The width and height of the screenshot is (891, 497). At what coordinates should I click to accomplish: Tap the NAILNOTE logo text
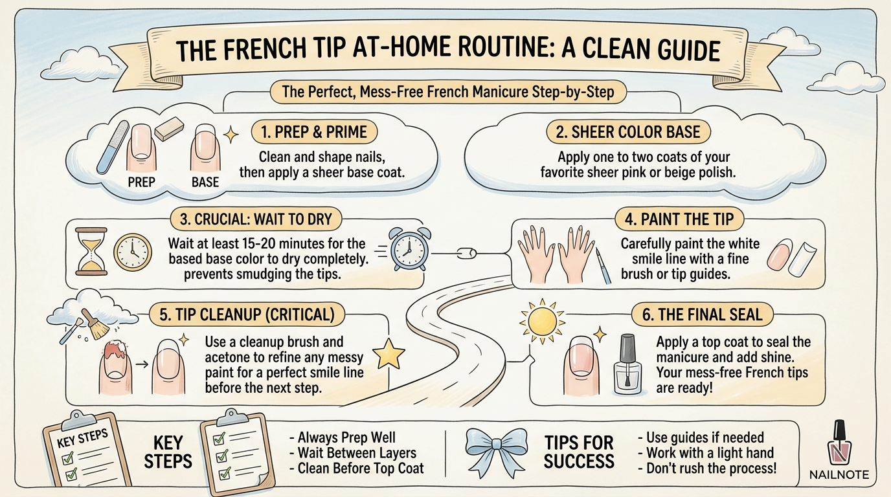pos(839,475)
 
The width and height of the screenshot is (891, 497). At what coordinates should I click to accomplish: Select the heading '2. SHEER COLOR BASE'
pos(627,133)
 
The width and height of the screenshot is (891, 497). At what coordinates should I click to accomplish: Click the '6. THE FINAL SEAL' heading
pos(702,315)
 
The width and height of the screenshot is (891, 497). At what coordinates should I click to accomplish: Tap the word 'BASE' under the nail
pos(205,182)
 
